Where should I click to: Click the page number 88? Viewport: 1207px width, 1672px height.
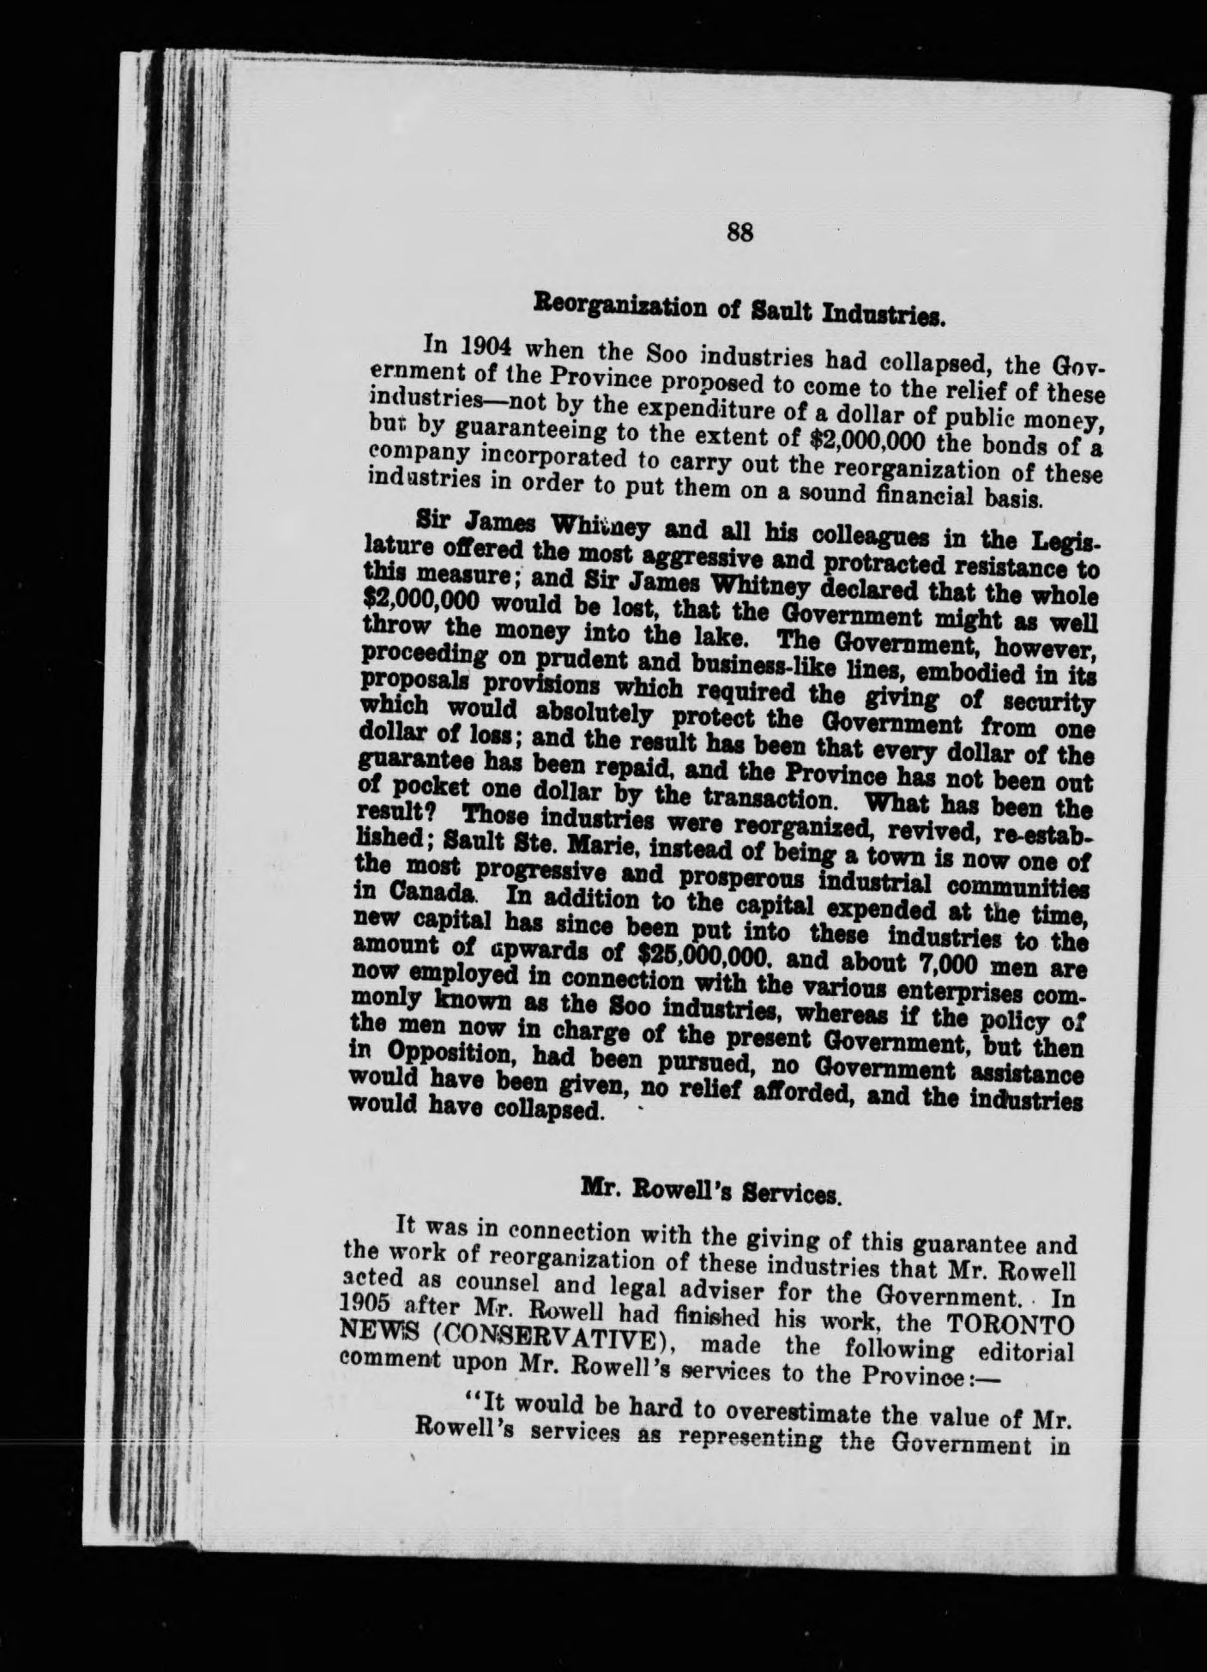739,232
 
